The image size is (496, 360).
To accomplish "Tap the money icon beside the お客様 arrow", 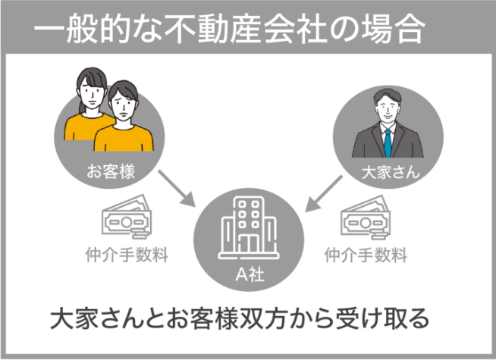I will (x=126, y=221).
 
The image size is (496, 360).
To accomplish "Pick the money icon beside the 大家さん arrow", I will (x=370, y=221).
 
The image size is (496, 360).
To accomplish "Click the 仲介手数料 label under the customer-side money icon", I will (x=126, y=255).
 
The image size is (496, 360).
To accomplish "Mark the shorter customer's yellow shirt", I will (x=124, y=141).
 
